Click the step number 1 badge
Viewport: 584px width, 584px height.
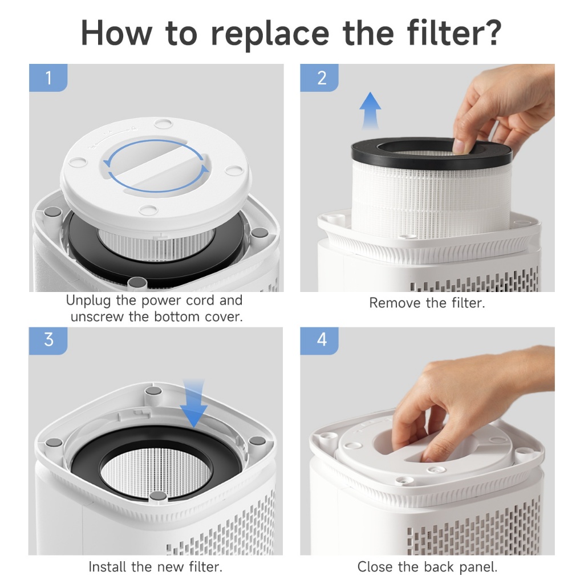tap(48, 78)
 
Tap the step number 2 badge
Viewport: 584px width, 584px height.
tap(319, 78)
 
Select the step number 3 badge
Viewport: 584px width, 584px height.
tap(48, 341)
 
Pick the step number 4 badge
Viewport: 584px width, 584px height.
tap(319, 341)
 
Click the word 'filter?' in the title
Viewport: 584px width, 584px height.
tap(455, 33)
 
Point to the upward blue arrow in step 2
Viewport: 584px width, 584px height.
tap(370, 111)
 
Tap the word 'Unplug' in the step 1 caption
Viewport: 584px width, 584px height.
tap(88, 301)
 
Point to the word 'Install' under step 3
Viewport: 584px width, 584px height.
tap(107, 567)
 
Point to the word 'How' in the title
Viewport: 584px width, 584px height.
tap(116, 33)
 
